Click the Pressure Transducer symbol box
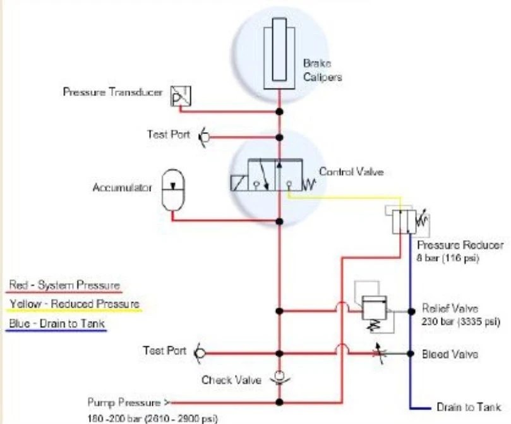[182, 96]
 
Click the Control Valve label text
[351, 171]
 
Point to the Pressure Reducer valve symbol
[403, 221]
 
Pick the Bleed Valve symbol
[378, 353]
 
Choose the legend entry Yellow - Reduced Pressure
[74, 305]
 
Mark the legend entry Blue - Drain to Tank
[57, 325]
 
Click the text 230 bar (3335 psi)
[460, 321]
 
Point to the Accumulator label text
[119, 188]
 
